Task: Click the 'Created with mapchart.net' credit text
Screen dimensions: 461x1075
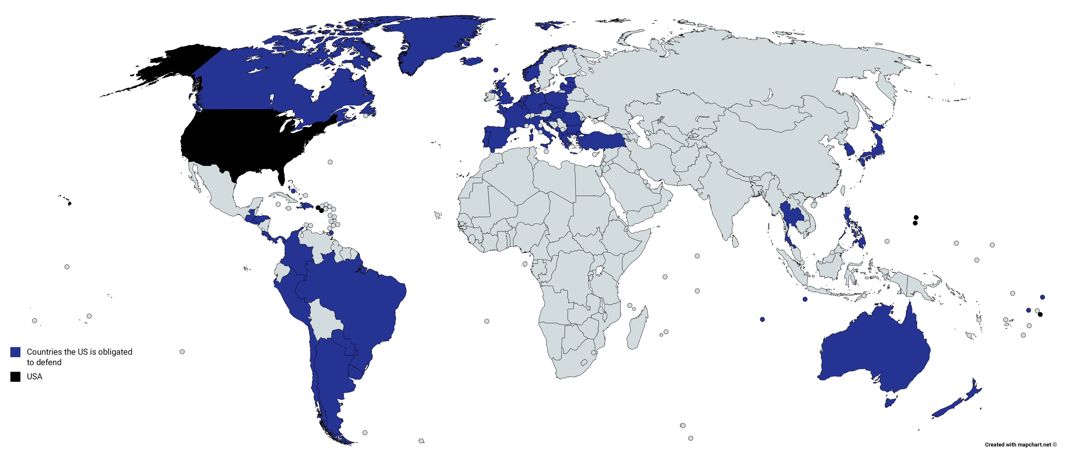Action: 1020,445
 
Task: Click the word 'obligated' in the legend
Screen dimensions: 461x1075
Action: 115,352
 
